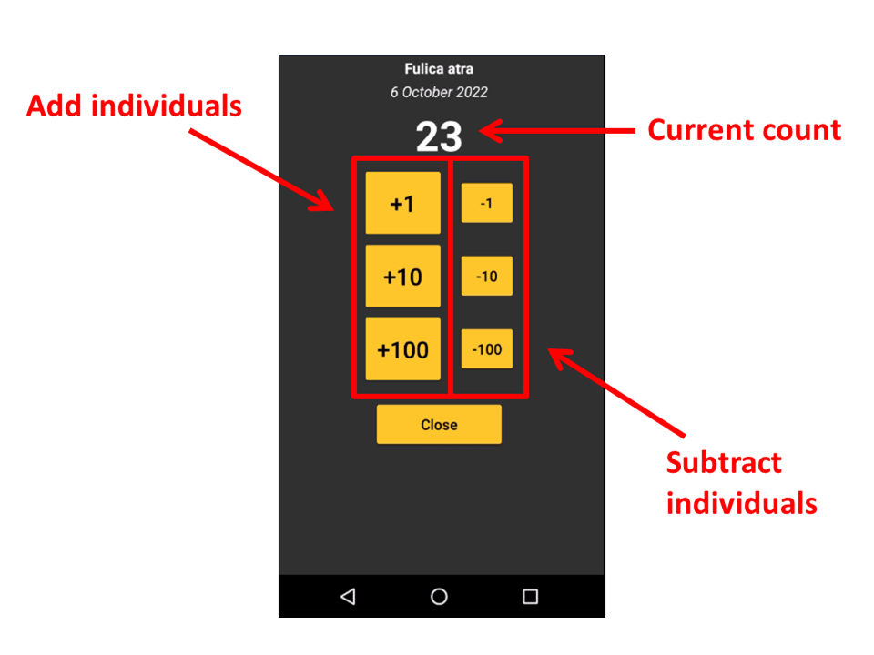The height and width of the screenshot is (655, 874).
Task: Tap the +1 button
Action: tap(402, 204)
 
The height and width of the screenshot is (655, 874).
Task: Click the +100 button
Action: tap(402, 349)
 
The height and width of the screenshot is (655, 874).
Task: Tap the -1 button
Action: tap(487, 203)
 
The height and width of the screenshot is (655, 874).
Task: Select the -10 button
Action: tap(487, 277)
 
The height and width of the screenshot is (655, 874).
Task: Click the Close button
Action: tap(439, 425)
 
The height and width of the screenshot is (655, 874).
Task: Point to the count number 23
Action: tap(439, 137)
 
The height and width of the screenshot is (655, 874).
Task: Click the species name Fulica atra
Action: tap(439, 69)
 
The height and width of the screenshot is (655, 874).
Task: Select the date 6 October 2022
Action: tap(439, 92)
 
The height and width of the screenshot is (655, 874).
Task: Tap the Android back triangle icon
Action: tap(348, 597)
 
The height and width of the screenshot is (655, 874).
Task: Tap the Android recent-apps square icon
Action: tap(530, 597)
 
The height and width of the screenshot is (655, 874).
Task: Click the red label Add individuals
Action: tap(134, 106)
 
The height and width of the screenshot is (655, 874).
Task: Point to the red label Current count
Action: tap(744, 130)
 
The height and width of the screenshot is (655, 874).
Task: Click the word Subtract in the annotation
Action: tap(724, 463)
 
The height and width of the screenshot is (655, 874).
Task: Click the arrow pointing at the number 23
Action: tap(555, 132)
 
